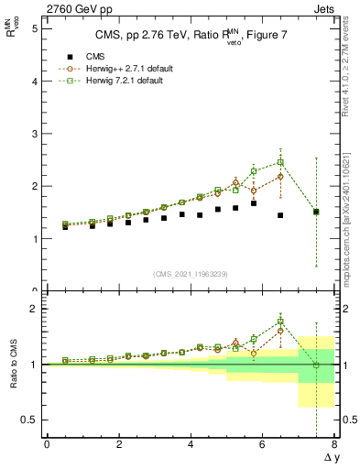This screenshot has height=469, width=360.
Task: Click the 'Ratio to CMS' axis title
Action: [13, 366]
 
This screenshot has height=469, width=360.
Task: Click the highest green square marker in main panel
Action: [280, 162]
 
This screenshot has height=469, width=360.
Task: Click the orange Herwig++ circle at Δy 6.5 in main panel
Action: [280, 176]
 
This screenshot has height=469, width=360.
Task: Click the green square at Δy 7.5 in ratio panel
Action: [316, 365]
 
